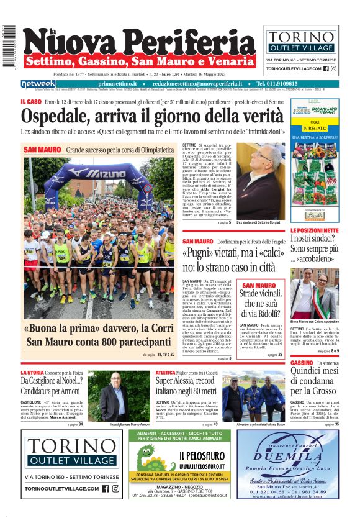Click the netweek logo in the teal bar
click(38, 84)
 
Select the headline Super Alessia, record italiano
click(186, 386)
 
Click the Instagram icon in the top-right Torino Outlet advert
click(333, 68)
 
